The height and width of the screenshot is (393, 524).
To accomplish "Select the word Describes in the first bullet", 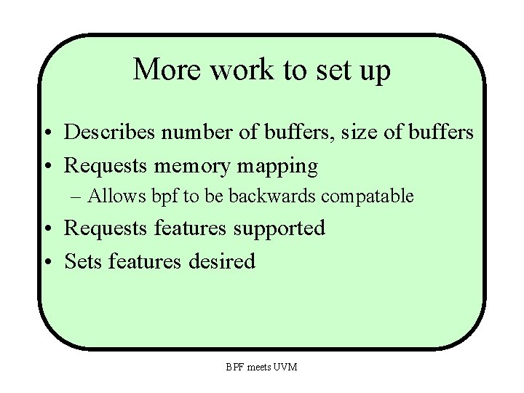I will [x=110, y=132].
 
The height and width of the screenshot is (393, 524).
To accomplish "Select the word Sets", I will [x=83, y=261].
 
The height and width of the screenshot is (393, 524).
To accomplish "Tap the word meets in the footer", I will [x=258, y=367].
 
